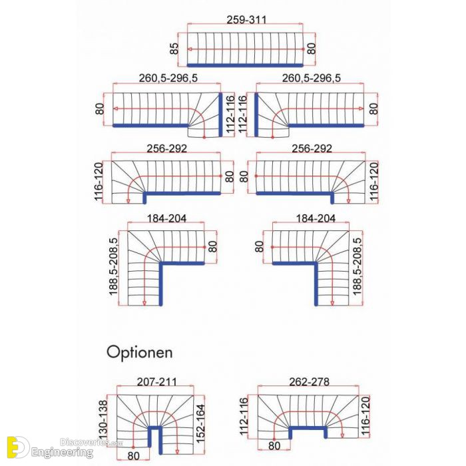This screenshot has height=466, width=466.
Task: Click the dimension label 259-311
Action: point(246,19)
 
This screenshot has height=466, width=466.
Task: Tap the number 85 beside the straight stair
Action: point(174,49)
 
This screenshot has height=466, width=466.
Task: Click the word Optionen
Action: point(140,352)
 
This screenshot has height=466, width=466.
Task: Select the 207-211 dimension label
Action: point(156,381)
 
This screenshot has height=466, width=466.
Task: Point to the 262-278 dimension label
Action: point(310,381)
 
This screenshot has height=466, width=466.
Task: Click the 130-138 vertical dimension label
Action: point(103,419)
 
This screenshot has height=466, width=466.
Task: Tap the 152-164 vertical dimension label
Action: point(201,423)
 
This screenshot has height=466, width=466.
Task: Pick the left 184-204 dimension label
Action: point(166,218)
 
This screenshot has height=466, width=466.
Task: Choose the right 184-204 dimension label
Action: point(316,218)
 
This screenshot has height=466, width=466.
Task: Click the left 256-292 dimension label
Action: point(167,148)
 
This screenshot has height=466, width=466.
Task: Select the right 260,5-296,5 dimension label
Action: point(311,78)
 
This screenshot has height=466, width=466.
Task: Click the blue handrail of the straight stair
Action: point(245,65)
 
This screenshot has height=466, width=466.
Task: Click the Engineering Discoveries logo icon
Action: point(18,447)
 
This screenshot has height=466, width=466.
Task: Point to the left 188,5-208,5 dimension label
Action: point(114,266)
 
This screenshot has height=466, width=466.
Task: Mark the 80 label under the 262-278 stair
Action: point(274,446)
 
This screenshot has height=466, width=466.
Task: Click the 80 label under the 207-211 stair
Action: point(133,455)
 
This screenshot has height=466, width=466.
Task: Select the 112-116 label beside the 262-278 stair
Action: point(244,416)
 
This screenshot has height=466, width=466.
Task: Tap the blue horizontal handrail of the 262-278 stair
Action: point(308,428)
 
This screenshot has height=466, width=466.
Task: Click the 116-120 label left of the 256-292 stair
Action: point(99,181)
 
